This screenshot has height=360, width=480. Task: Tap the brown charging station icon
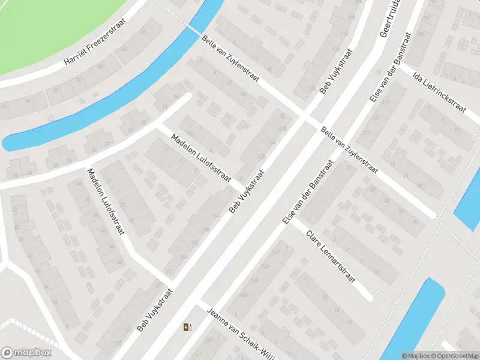click(x=187, y=327)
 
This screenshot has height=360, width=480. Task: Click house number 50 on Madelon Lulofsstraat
click(x=119, y=262)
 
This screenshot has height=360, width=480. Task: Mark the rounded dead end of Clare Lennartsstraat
click(x=369, y=295)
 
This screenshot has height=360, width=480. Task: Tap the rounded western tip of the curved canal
click(x=8, y=143)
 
